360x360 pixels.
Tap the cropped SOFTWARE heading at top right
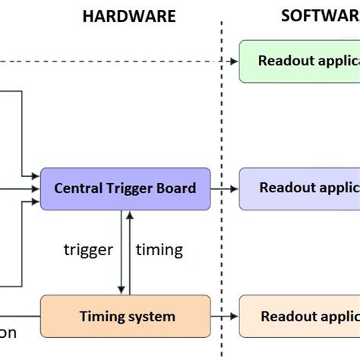320,16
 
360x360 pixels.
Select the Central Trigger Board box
125,188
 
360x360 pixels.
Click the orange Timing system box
125,316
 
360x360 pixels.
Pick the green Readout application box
299,61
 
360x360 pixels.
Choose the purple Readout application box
299,188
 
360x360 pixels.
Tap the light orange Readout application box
299,316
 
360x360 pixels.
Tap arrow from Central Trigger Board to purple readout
224,188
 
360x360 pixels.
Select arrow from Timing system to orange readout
224,316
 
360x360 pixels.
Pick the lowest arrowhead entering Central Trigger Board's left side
35,202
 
